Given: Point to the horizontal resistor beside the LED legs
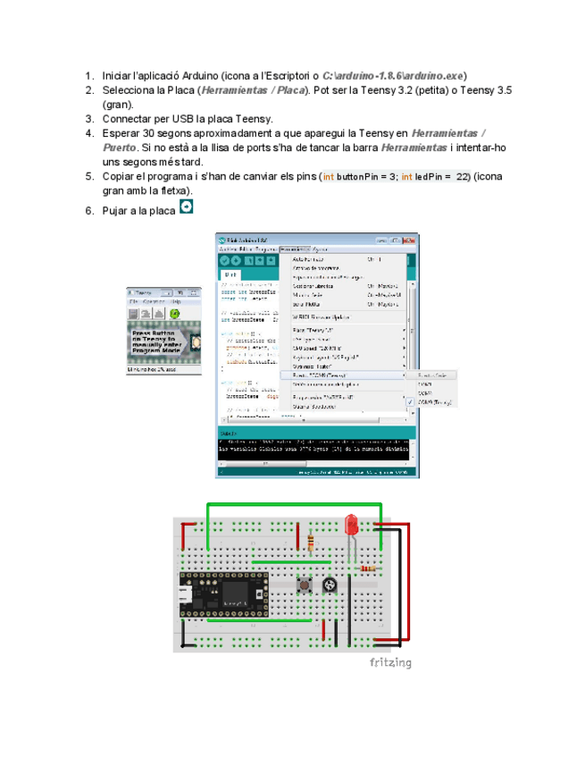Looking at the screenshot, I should point(367,568).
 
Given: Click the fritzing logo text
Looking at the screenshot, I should point(390,662).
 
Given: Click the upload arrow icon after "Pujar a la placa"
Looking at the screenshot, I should point(186,207).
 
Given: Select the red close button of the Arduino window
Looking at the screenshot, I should point(410,240).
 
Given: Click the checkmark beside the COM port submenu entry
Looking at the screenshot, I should point(410,401).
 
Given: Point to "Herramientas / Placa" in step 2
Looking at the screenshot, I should point(253,90).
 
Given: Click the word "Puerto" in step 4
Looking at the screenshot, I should point(119,147).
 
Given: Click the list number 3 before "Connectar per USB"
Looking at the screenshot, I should point(89,119).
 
